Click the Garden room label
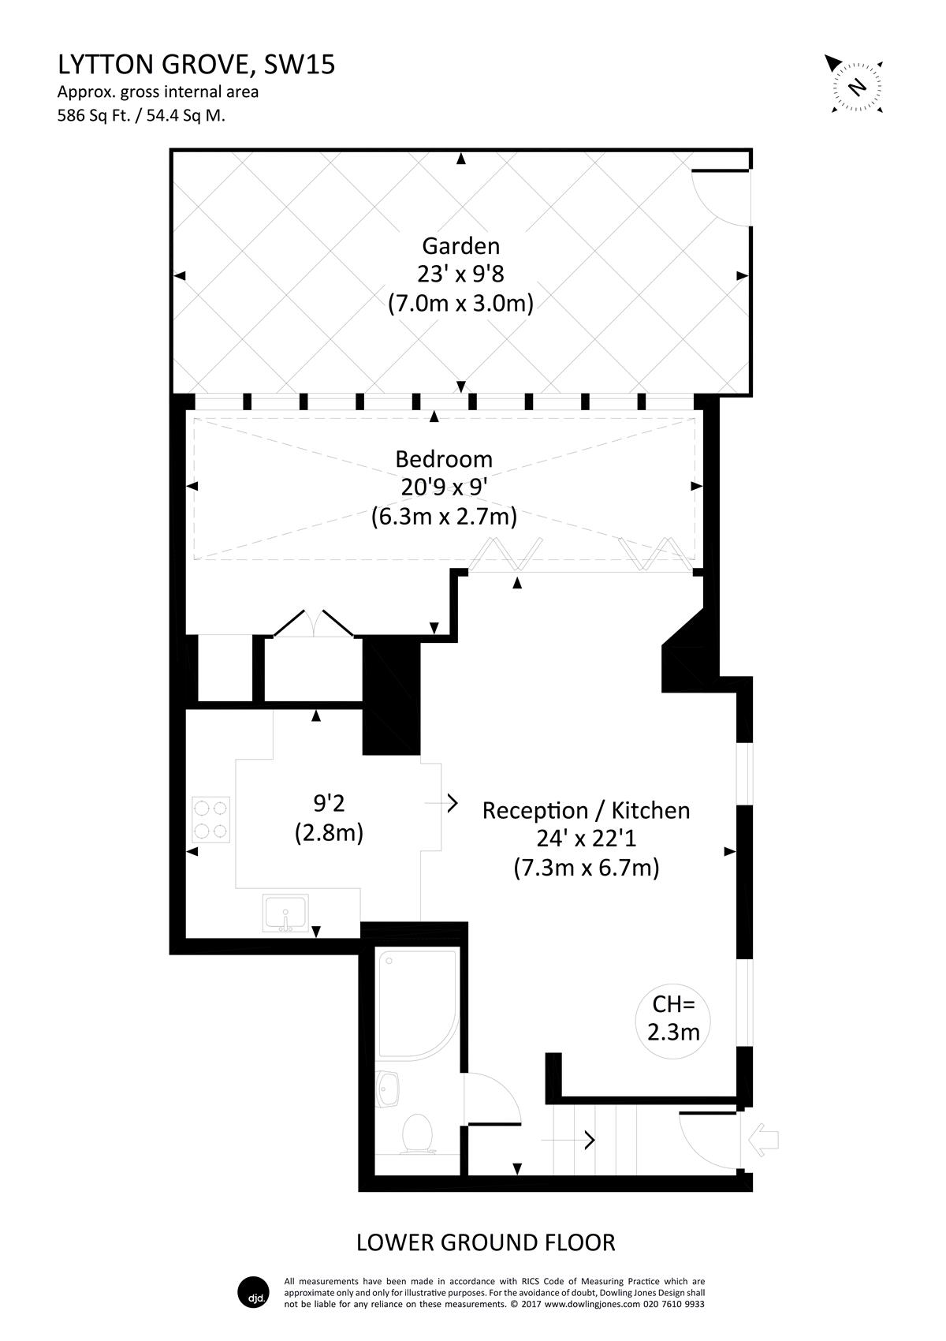pyautogui.click(x=460, y=246)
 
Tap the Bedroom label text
pyautogui.click(x=444, y=459)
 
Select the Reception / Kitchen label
pyautogui.click(x=586, y=811)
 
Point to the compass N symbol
pyautogui.click(x=858, y=87)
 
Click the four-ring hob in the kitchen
pyautogui.click(x=210, y=820)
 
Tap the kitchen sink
pyautogui.click(x=285, y=913)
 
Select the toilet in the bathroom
pyautogui.click(x=416, y=1134)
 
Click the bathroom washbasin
pyautogui.click(x=388, y=1089)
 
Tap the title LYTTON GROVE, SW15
pyautogui.click(x=196, y=65)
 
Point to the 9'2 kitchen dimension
pyautogui.click(x=329, y=803)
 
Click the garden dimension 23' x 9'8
pyautogui.click(x=460, y=275)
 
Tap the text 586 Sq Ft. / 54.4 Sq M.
pyautogui.click(x=141, y=115)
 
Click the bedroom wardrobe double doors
pyautogui.click(x=314, y=622)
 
